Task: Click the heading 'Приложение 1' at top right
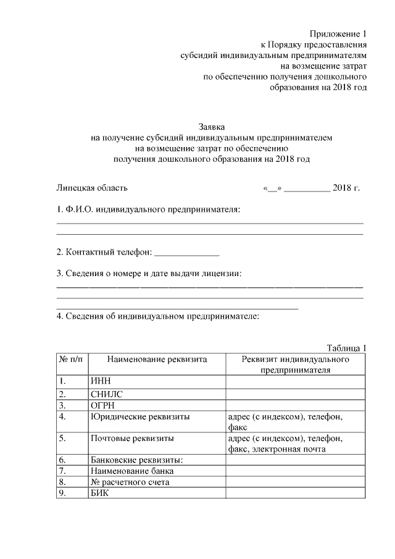tap(338, 33)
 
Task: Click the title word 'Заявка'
tap(210, 125)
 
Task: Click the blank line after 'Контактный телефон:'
tap(186, 253)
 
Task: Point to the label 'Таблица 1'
tap(347, 347)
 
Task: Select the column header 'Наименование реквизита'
tap(157, 359)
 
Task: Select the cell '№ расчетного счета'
tap(130, 482)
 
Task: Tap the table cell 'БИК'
tap(99, 493)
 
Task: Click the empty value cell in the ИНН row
tap(296, 381)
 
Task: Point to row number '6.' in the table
tap(62, 460)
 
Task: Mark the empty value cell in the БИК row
tap(296, 493)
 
